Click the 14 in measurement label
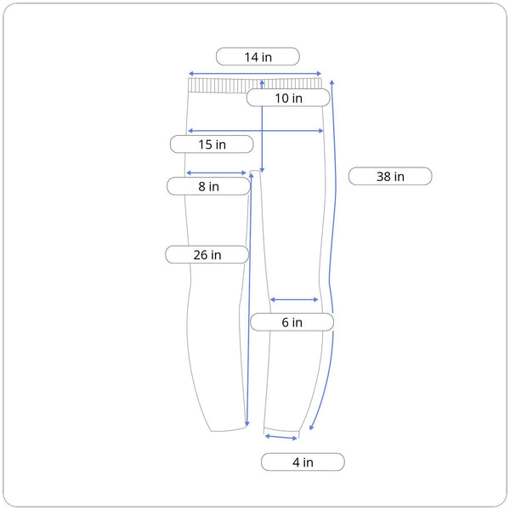tap(258, 57)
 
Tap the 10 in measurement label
tap(288, 99)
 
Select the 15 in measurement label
tap(212, 144)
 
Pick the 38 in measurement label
tap(390, 177)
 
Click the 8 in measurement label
tap(208, 186)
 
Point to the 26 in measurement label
tap(207, 254)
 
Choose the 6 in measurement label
tap(292, 323)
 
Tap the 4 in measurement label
tap(303, 462)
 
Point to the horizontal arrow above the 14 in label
tap(255, 73)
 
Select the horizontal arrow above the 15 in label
tap(255, 131)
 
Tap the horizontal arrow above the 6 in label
tap(294, 299)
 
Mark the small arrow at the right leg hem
tap(281, 437)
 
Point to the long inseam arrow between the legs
tap(249, 297)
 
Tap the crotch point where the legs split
tap(255, 175)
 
